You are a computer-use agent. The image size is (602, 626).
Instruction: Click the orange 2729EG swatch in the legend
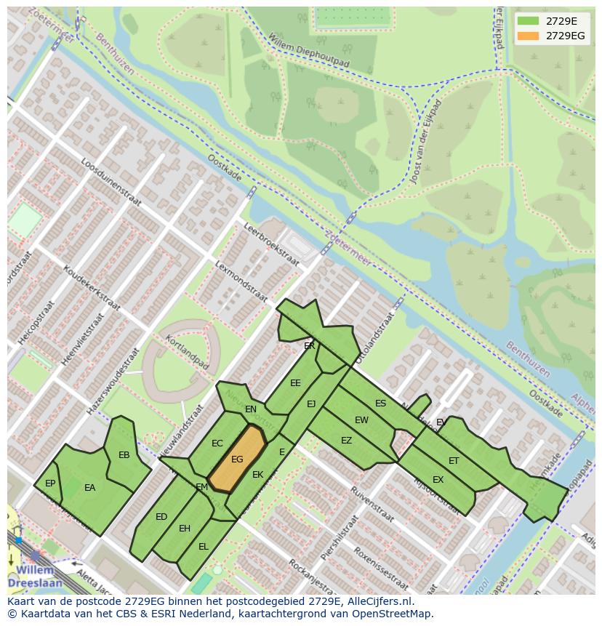point(529,36)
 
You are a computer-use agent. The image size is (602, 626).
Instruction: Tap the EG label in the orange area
point(237,460)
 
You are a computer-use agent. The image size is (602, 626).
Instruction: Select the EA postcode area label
point(90,488)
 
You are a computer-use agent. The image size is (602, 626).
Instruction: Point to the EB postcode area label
point(124,455)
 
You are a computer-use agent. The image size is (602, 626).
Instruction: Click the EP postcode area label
point(50,483)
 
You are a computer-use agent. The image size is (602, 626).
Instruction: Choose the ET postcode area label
point(454,461)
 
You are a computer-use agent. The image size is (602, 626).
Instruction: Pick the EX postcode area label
point(438,480)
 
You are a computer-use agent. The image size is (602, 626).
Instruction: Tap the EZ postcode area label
point(346,441)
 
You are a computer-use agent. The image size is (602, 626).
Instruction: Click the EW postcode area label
point(361,420)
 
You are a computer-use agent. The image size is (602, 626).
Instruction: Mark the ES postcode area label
point(380,404)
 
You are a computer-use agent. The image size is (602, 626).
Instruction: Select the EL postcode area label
point(204,546)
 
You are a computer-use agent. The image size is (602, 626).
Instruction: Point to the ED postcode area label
point(161,517)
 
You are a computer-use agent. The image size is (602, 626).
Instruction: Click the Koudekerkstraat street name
point(92,288)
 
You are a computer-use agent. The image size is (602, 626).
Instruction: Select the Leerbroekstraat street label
point(270,245)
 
